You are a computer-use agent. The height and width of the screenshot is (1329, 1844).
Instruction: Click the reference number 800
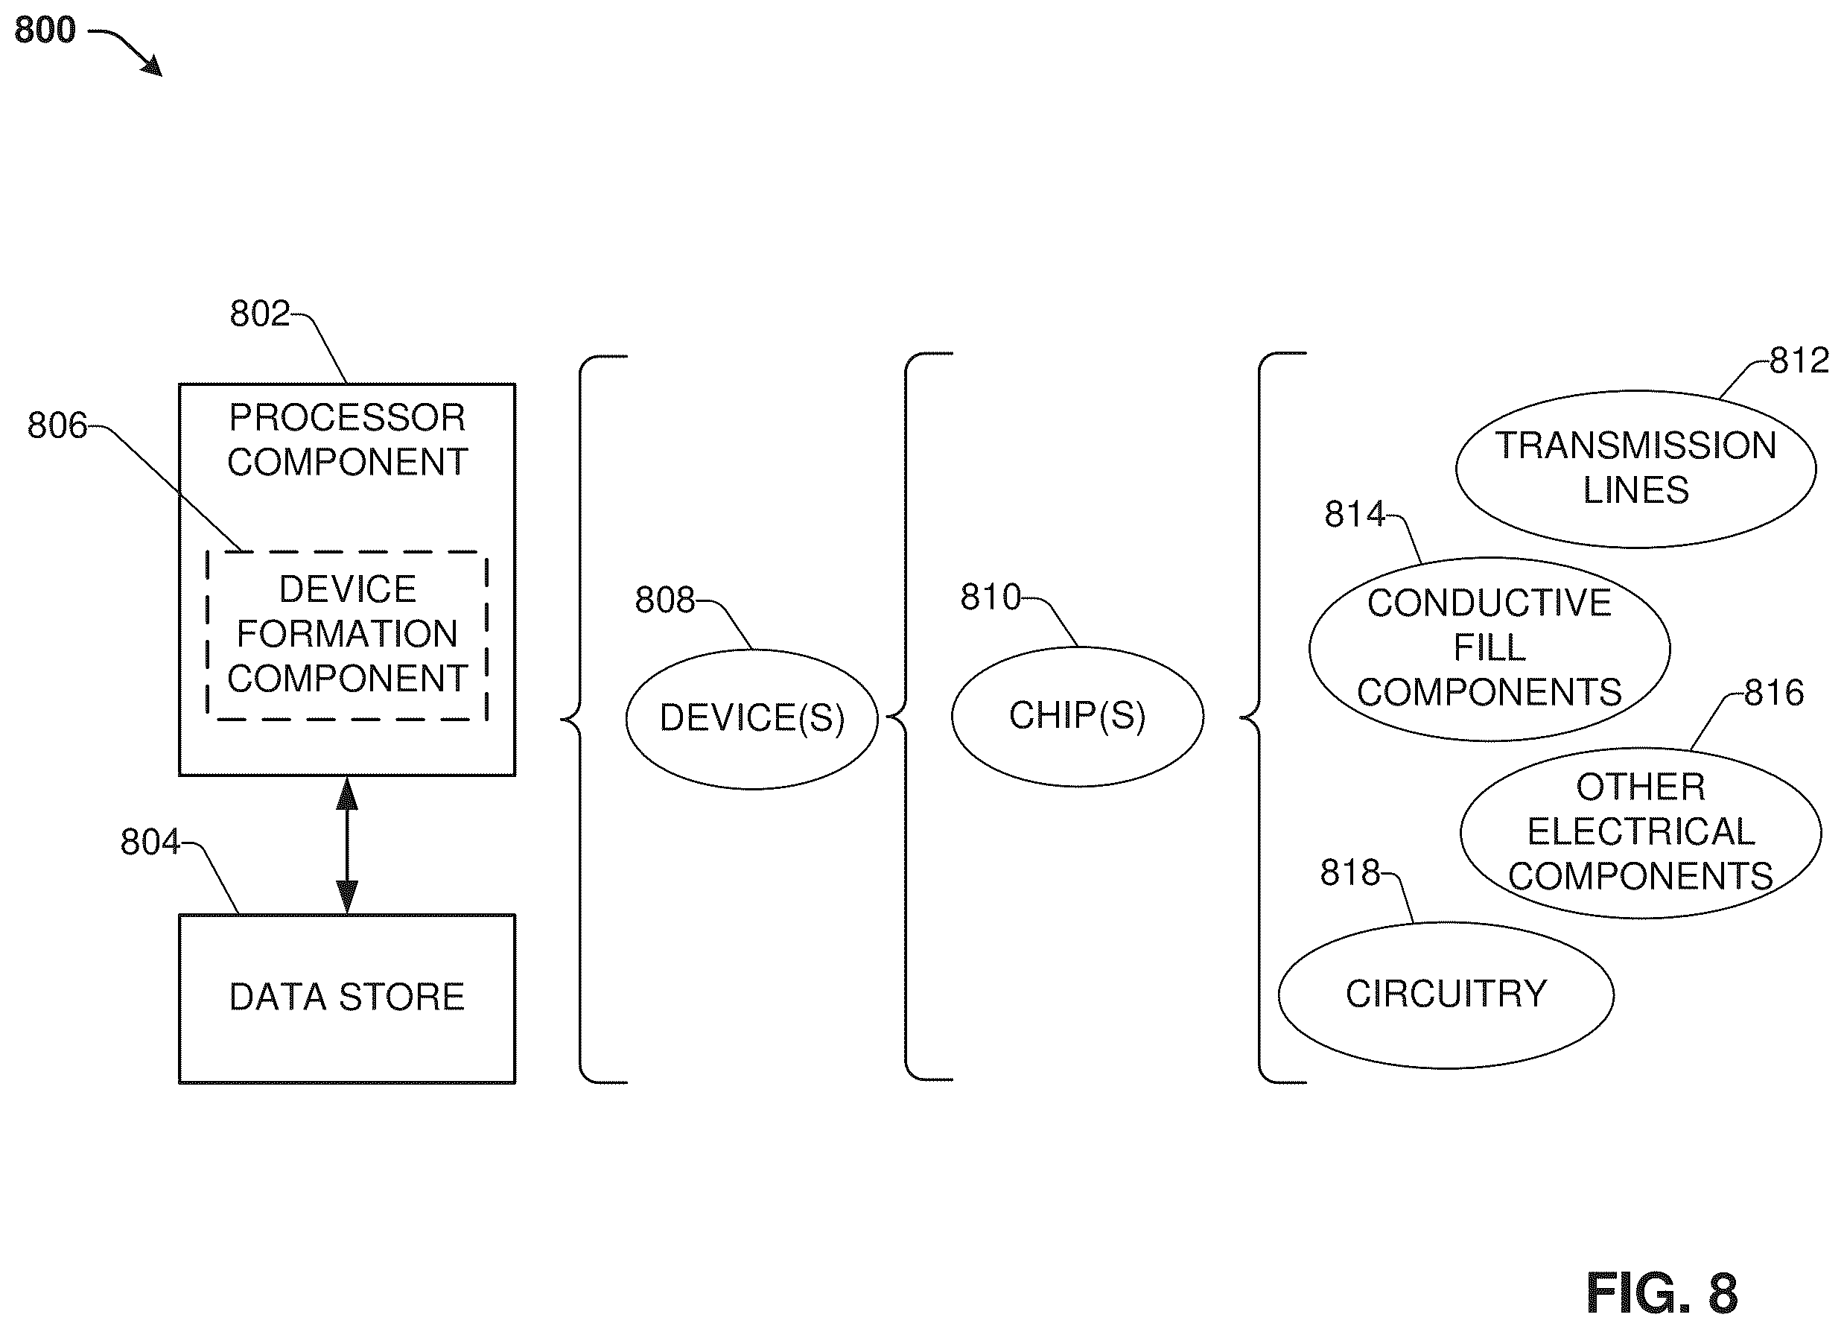45,30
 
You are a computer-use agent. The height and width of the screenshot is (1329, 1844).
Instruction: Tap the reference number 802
259,313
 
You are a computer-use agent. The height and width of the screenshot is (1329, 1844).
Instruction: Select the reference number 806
57,425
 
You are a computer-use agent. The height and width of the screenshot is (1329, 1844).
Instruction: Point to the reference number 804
150,842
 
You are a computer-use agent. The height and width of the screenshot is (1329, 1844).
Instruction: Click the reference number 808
665,600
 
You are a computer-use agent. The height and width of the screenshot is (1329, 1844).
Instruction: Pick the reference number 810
991,597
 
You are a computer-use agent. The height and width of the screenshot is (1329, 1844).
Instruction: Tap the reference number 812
1799,361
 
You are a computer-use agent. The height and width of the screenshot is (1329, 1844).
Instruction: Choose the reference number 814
1355,514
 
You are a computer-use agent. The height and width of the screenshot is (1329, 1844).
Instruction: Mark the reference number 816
1774,693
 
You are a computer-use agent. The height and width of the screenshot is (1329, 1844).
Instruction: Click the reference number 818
1350,873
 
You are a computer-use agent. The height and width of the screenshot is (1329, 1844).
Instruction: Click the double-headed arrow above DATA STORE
347,845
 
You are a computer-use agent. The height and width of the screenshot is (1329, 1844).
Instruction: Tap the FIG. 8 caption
1662,1293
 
